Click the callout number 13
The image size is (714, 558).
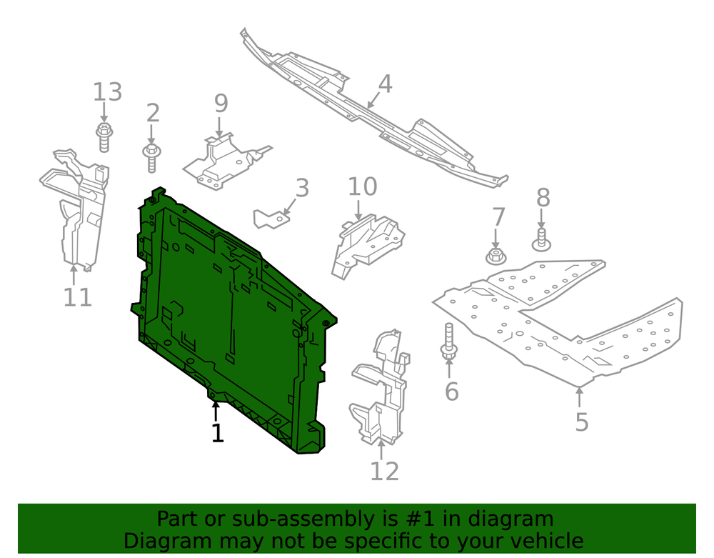coord(108,92)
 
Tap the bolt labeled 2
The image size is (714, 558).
coord(151,158)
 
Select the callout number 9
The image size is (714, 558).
coord(221,104)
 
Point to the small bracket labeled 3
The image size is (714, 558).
coord(271,218)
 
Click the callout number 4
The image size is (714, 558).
coord(385,84)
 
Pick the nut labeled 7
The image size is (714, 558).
coord(496,256)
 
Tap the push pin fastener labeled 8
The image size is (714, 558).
coord(541,240)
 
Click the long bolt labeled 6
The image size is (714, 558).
coord(448,340)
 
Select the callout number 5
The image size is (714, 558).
coord(582,422)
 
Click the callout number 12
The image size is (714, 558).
coord(385,472)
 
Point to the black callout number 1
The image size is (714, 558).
coord(218,433)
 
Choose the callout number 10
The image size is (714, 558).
coord(363,186)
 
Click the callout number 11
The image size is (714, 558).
coord(77,297)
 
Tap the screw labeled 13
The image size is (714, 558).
coord(104,137)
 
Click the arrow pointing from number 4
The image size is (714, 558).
coord(373,100)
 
